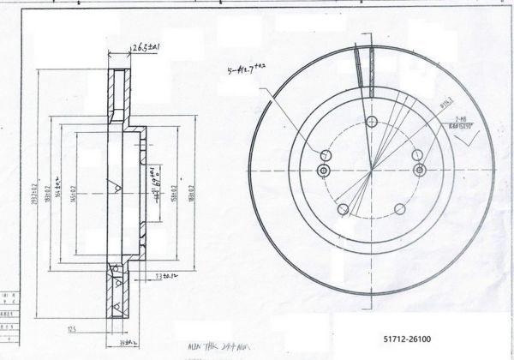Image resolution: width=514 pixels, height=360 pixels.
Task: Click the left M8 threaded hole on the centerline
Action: pyautogui.click(x=322, y=171)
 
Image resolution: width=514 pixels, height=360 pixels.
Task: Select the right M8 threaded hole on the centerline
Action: pyautogui.click(x=420, y=171)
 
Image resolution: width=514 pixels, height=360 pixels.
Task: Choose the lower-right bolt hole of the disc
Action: pyautogui.click(x=401, y=209)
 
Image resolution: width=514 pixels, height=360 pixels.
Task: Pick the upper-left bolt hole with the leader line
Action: pyautogui.click(x=324, y=155)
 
